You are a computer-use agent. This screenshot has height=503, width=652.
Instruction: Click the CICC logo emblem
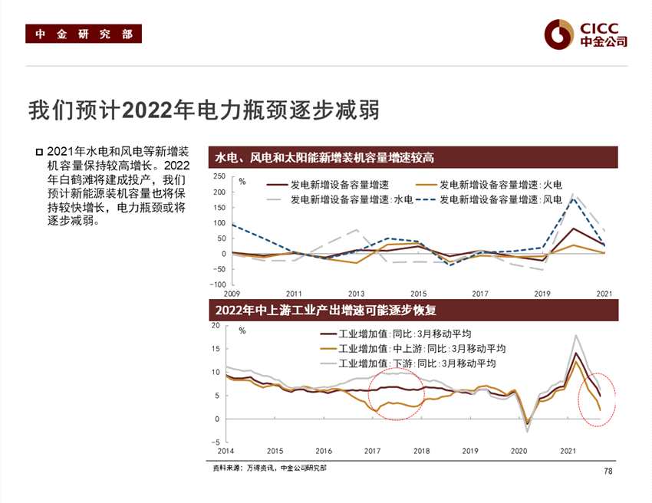pos(559,33)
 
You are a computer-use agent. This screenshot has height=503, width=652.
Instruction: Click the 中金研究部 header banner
pos(84,35)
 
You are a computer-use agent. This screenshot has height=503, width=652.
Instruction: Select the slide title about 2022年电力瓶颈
pos(204,110)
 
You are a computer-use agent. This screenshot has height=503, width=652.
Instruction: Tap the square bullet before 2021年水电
pos(39,152)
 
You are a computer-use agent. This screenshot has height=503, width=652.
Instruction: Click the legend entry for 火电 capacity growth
pos(492,185)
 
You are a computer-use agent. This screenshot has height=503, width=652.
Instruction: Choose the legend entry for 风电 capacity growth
pos(492,199)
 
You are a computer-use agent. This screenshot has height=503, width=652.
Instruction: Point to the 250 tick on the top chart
pos(219,177)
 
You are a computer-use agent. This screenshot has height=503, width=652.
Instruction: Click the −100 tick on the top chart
pos(218,284)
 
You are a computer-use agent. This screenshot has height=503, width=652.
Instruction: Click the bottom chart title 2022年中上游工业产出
pos(326,310)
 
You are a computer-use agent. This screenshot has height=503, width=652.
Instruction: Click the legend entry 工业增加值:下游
pos(413,363)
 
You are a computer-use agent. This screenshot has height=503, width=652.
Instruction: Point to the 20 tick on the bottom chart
pos(216,326)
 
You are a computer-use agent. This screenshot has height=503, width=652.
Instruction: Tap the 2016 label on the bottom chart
pos(324,452)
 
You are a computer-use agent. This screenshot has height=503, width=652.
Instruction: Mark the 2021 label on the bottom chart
pos(568,452)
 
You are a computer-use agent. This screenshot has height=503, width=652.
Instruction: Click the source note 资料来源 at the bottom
pos(268,468)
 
